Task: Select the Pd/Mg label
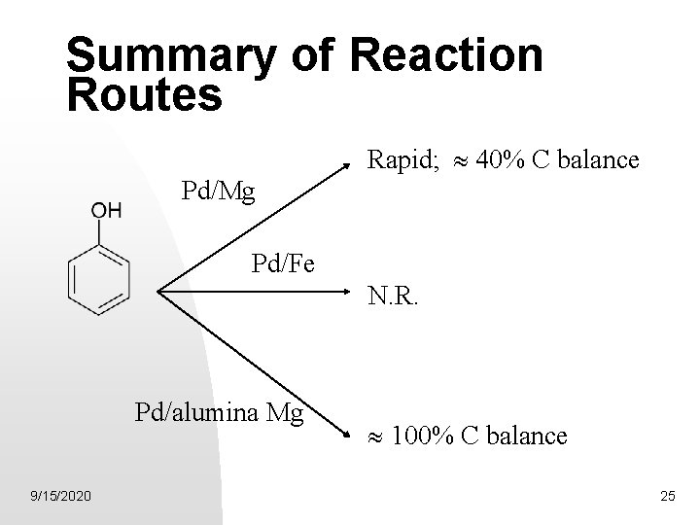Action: (x=219, y=192)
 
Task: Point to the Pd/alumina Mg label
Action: (x=220, y=414)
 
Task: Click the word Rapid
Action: (x=398, y=158)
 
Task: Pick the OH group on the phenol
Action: (x=106, y=211)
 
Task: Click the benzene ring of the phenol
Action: (x=98, y=278)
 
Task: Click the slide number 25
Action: (x=667, y=498)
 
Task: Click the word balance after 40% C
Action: (x=595, y=158)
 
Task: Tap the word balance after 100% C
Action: (x=524, y=436)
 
